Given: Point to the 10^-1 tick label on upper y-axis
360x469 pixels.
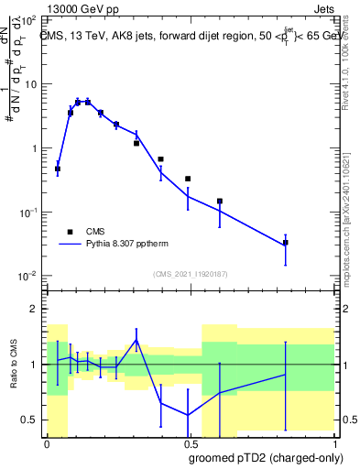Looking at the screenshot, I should coord(29,213).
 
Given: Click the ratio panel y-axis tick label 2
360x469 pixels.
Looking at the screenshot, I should coord(35,309).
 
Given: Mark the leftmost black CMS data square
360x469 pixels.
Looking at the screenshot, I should coord(58,169).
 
